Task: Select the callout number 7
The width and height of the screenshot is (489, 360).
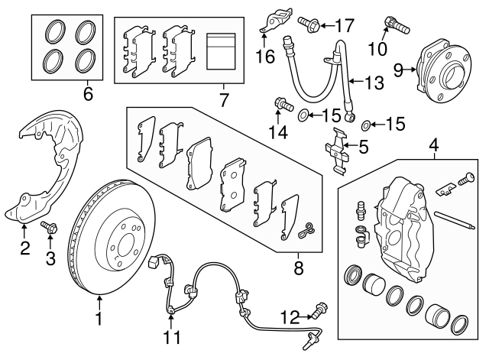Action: click(x=223, y=99)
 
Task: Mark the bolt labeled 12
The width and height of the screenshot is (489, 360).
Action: click(x=319, y=313)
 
